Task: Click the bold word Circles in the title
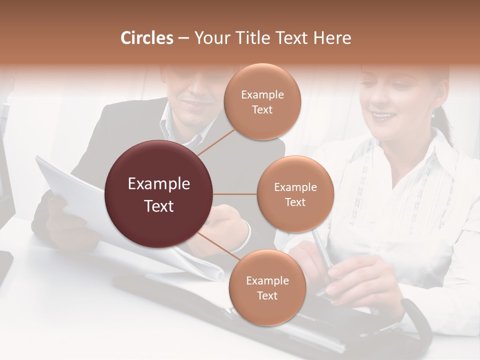(147, 38)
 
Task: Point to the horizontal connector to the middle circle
(235, 194)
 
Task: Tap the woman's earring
(433, 114)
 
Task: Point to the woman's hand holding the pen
(350, 280)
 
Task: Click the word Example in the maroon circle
(159, 184)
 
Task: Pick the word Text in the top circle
(262, 109)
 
